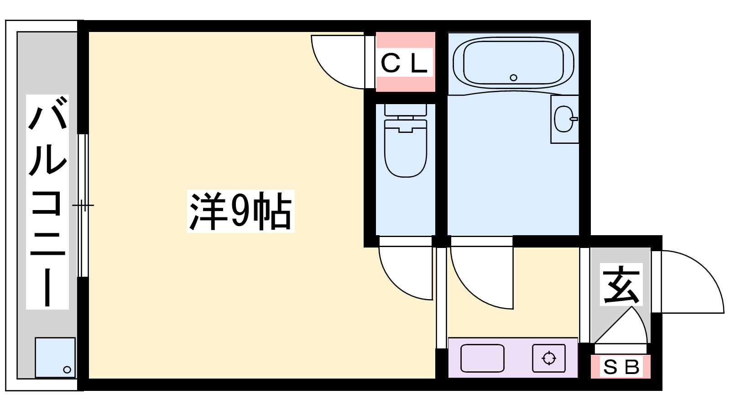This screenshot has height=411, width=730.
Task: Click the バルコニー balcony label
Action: coord(47,202)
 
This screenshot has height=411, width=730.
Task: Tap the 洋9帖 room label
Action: coord(241,211)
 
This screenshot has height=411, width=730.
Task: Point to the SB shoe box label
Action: coord(621,367)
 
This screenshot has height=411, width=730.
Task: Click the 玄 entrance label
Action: coord(621,285)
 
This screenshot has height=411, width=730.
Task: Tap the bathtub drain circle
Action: coord(514,78)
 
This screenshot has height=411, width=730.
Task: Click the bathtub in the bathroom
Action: coord(513,63)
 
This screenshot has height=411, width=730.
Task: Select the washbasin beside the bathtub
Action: coord(565,119)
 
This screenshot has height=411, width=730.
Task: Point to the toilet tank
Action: coord(406,110)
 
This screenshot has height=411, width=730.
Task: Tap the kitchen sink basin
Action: coord(482,358)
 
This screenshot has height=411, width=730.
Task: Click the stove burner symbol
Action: coord(549,358)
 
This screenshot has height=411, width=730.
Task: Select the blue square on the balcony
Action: coord(55,358)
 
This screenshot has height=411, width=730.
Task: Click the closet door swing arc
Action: coord(338,62)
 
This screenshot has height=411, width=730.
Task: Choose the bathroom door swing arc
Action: coord(482,278)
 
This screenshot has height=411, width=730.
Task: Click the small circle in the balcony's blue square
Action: coord(67,370)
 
